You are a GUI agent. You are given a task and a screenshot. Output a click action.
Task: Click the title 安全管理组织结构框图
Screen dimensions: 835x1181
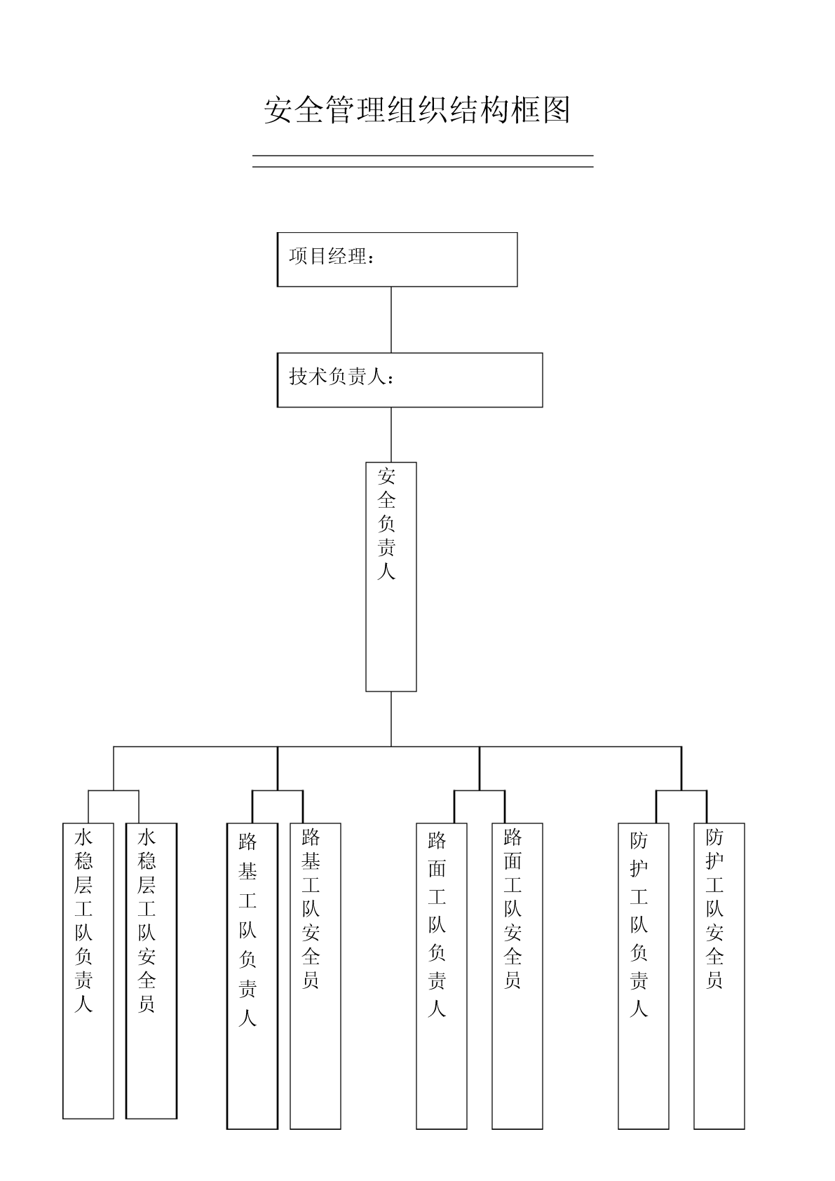pos(417,109)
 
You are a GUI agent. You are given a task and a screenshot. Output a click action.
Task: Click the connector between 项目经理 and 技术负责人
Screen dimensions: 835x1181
pos(391,320)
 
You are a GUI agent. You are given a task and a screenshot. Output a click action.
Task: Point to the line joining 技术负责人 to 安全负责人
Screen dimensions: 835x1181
pos(391,435)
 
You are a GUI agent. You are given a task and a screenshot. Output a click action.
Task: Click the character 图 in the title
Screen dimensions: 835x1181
pos(556,109)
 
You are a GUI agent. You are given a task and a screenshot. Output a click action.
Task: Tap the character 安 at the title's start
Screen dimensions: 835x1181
pos(278,109)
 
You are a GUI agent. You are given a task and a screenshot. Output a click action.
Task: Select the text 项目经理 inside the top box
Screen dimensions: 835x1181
pos(328,256)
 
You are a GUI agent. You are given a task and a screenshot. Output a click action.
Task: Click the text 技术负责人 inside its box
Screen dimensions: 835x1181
pos(337,377)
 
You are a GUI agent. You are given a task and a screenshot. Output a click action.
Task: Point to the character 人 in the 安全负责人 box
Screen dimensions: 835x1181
pos(386,571)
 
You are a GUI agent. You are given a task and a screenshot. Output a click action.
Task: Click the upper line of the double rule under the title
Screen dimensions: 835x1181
pos(423,156)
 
